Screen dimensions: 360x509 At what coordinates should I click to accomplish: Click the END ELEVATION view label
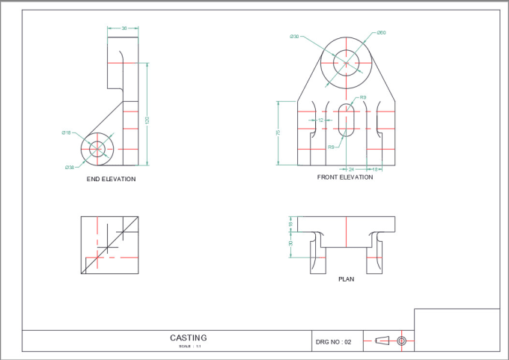click(x=111, y=179)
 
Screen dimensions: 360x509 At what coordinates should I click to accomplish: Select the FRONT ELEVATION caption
click(x=345, y=177)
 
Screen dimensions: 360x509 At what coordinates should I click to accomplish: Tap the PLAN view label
click(x=346, y=279)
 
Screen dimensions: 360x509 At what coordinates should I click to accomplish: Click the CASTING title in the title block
click(x=188, y=338)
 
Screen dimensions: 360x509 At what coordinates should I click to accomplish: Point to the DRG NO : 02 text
click(x=333, y=342)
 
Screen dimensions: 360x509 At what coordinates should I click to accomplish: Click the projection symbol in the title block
click(x=391, y=341)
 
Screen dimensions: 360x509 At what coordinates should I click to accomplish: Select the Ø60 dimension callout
click(x=381, y=33)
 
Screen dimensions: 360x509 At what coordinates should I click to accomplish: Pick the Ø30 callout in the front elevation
click(x=294, y=36)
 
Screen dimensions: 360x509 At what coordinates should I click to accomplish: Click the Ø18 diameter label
click(x=67, y=132)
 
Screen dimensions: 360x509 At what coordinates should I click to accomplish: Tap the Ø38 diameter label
click(x=69, y=167)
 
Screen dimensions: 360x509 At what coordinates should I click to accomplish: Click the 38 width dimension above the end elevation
click(x=124, y=28)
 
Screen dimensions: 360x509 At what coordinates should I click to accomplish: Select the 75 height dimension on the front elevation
click(x=278, y=132)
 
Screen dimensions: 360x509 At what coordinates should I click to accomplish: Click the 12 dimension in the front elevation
click(x=320, y=120)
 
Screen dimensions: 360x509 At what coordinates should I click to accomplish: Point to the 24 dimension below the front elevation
click(x=352, y=170)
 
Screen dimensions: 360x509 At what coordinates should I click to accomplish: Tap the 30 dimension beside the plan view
click(x=290, y=243)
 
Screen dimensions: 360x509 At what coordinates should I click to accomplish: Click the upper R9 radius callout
click(x=363, y=97)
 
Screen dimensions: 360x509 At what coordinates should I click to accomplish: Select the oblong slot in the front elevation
click(x=346, y=120)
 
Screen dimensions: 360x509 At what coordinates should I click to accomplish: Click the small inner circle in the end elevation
click(x=97, y=150)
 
